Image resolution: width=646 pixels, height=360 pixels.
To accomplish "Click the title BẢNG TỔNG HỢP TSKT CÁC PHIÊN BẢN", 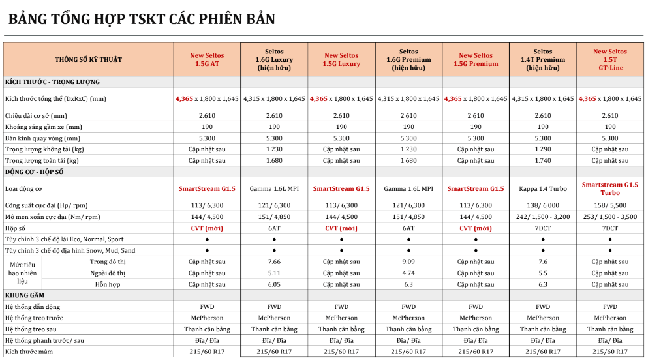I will tap(141, 19).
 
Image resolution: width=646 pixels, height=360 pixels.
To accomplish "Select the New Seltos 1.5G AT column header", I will tap(207, 60).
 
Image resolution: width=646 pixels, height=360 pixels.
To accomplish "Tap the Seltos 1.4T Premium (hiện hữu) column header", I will tap(542, 59).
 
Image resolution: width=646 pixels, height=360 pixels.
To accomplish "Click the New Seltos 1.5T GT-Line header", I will tap(609, 59).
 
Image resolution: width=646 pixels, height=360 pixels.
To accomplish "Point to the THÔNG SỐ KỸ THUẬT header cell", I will tap(89, 60).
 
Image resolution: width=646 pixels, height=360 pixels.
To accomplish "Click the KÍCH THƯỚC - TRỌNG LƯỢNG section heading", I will tap(52, 82).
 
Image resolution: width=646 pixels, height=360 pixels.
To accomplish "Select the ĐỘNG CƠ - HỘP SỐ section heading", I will tap(39, 172).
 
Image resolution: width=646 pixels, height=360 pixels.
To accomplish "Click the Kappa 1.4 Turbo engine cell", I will tap(542, 189).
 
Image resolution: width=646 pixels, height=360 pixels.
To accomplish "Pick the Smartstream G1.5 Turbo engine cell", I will tap(609, 189).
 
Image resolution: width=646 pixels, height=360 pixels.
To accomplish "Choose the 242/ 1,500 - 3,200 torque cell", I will tap(542, 217).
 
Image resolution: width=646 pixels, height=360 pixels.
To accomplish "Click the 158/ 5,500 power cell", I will tap(609, 205).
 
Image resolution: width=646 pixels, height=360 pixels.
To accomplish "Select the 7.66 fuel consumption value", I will tap(274, 262).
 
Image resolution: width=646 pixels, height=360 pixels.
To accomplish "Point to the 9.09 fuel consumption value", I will tap(408, 262).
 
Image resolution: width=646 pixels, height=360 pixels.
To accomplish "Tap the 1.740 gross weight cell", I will tap(542, 160).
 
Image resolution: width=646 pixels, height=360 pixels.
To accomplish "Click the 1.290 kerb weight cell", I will tap(542, 149).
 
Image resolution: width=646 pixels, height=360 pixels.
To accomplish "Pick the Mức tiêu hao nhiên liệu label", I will tap(23, 273).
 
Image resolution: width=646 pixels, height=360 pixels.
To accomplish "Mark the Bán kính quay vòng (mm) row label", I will tap(42, 138).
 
